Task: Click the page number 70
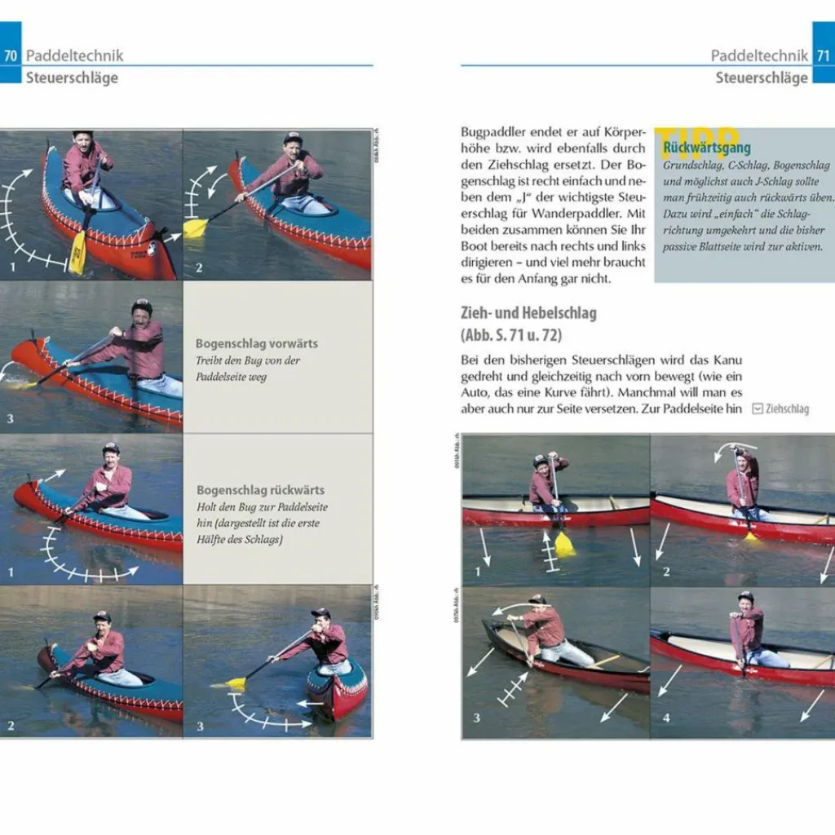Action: click(11, 55)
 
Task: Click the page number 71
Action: click(824, 55)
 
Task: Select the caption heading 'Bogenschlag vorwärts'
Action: click(257, 343)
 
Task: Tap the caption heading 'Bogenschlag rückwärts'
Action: click(260, 490)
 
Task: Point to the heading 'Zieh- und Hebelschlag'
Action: click(528, 313)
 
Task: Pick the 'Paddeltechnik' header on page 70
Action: click(75, 55)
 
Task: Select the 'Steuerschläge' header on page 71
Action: click(762, 77)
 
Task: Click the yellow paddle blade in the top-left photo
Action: click(77, 253)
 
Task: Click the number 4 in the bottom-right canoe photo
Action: click(666, 718)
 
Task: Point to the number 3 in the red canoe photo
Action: click(477, 718)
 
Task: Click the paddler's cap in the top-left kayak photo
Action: click(82, 134)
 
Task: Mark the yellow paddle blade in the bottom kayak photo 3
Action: click(236, 683)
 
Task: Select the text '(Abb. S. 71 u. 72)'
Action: click(510, 334)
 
